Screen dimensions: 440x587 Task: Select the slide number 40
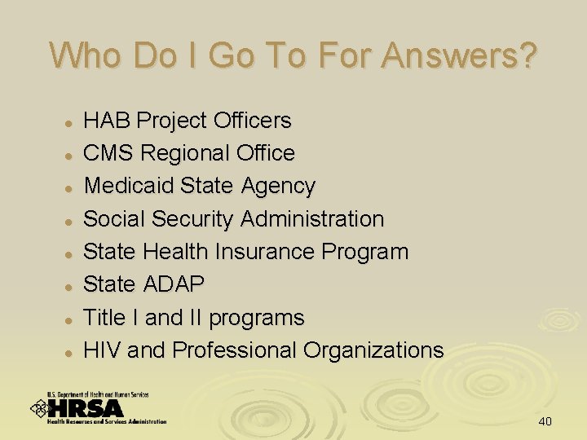pos(545,421)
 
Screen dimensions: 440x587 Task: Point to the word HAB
pos(108,121)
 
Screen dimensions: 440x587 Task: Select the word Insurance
pos(266,252)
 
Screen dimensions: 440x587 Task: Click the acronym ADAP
pos(174,284)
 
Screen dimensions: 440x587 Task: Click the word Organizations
pos(373,350)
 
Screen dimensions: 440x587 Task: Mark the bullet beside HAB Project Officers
pos(71,122)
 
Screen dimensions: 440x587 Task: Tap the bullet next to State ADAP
pos(71,286)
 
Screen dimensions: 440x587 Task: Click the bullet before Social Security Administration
pos(71,221)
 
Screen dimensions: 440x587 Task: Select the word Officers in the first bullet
pos(252,121)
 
